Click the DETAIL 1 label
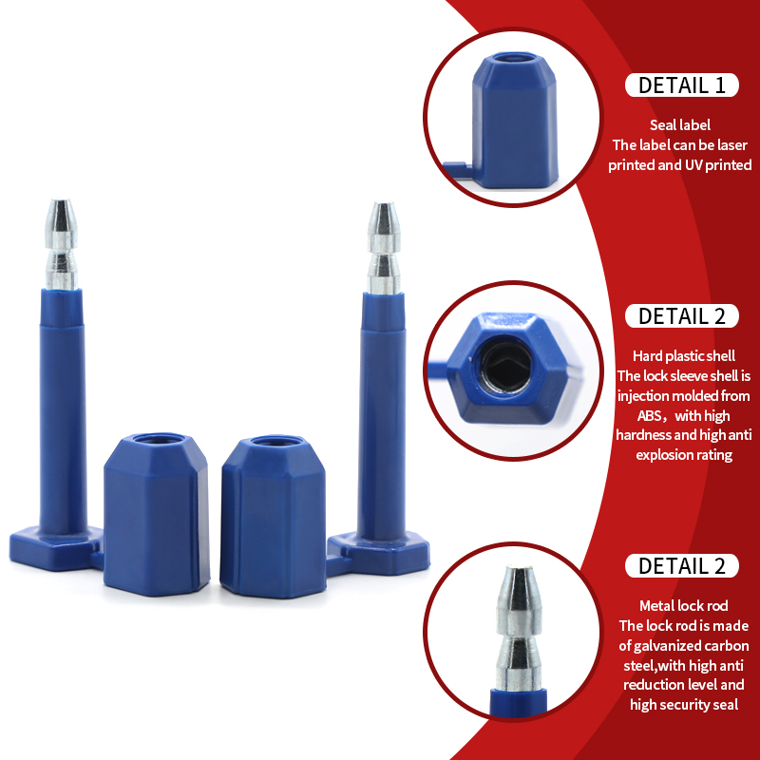click(x=681, y=85)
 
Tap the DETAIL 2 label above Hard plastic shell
click(x=681, y=316)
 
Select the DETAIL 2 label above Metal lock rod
click(x=681, y=565)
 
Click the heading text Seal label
click(x=680, y=125)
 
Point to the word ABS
click(x=650, y=416)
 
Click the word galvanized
click(x=672, y=646)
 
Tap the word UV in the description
click(x=693, y=164)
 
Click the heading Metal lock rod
click(x=683, y=606)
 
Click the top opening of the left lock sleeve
click(x=159, y=439)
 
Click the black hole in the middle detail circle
click(x=506, y=365)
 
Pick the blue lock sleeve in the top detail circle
click(x=515, y=121)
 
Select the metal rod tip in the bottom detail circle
click(x=518, y=628)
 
